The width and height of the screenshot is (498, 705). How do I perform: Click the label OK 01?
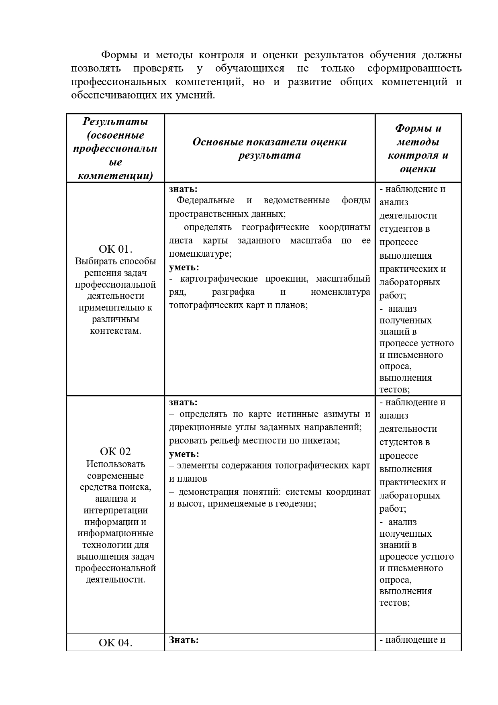tap(115, 249)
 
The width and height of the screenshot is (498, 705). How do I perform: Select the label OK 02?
tap(115, 452)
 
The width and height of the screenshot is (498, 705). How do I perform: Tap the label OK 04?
tap(115, 643)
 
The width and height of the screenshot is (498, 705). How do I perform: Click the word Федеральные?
tap(206, 200)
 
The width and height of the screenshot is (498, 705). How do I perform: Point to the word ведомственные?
tap(296, 200)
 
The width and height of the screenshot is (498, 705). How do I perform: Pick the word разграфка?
tap(233, 292)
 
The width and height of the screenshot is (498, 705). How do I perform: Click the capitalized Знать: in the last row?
tap(184, 640)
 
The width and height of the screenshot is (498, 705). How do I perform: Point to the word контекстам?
tap(115, 331)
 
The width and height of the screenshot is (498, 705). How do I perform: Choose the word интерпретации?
tap(116, 510)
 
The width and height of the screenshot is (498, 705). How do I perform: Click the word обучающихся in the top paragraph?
tap(249, 68)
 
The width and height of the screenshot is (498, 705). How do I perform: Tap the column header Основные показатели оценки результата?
tap(269, 149)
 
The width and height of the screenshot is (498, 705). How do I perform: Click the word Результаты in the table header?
tap(115, 121)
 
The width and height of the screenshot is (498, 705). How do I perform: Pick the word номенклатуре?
tap(200, 253)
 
